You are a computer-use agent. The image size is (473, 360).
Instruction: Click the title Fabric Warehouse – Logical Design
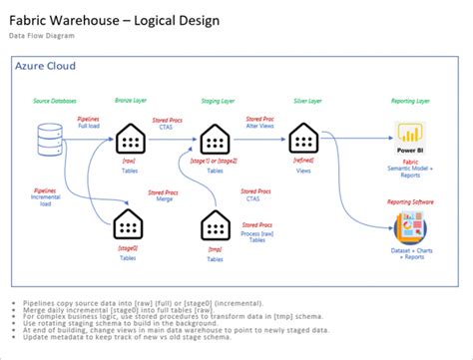114,21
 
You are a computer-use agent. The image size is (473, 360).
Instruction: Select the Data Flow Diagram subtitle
45,36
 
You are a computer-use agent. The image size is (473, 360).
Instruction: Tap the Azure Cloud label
46,67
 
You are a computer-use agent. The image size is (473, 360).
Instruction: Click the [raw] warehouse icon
130,139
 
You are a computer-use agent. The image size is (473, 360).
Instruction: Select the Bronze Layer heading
131,101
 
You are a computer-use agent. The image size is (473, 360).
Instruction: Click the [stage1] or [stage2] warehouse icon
215,139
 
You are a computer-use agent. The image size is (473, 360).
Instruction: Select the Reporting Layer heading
409,101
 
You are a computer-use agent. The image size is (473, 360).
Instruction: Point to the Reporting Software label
409,202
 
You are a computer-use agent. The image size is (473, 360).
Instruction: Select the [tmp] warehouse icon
215,225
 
